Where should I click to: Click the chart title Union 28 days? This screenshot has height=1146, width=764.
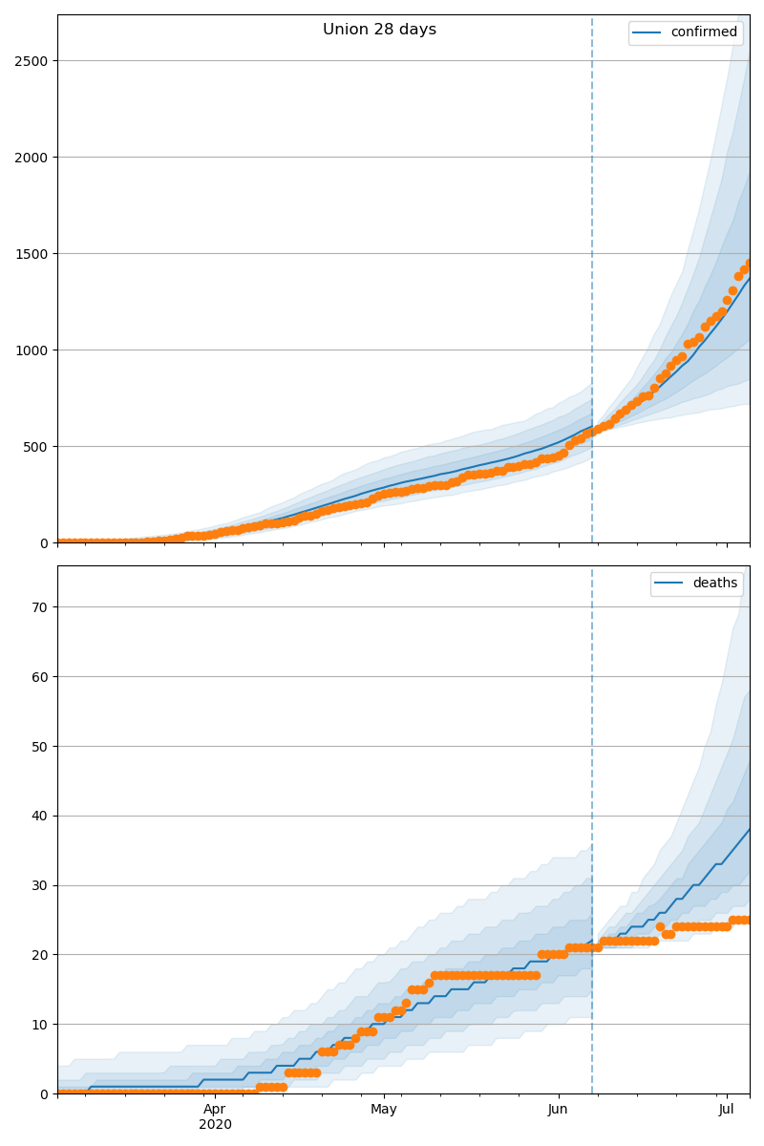[x=379, y=30]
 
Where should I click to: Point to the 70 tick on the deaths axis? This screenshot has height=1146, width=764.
[x=39, y=607]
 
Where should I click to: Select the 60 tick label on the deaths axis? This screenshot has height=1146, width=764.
[x=39, y=677]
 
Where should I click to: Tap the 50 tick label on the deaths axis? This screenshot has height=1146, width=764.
[x=39, y=747]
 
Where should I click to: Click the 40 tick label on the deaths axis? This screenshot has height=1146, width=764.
[x=39, y=817]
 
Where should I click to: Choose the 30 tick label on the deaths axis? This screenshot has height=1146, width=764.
[x=39, y=886]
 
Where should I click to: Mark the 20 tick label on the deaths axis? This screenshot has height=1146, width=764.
[x=39, y=955]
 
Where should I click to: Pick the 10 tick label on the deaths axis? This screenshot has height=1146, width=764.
[x=39, y=1025]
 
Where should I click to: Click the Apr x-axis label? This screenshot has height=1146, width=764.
[x=215, y=1110]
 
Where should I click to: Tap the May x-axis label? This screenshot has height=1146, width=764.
[x=384, y=1110]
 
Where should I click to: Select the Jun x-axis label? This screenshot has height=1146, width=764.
[x=558, y=1110]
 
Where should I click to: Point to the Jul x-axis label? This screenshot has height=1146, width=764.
[x=727, y=1110]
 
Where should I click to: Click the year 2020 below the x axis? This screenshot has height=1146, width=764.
[x=215, y=1125]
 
